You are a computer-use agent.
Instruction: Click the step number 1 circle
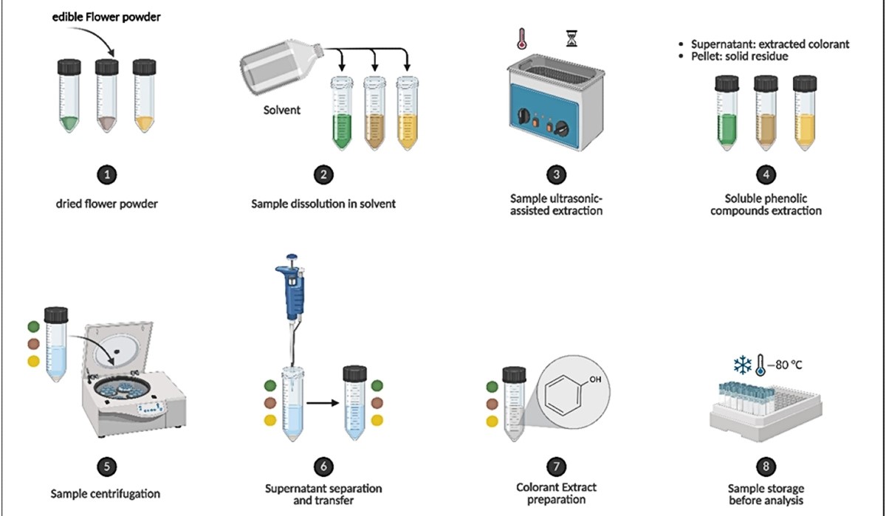click(107, 175)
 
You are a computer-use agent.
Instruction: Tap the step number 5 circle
click(107, 466)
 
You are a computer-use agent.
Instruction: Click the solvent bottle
click(284, 70)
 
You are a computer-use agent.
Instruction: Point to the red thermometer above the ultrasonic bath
click(522, 39)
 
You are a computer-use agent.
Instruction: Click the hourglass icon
click(570, 38)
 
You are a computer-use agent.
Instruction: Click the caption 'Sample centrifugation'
click(106, 492)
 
